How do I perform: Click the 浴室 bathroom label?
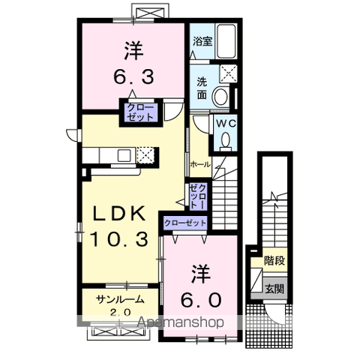(202, 41)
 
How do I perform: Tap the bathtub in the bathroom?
(226, 41)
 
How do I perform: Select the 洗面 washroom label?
(202, 88)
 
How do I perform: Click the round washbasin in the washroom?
(220, 97)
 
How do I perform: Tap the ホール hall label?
(200, 164)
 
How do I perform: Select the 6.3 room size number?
(133, 77)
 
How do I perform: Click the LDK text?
(119, 213)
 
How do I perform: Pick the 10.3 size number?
(119, 239)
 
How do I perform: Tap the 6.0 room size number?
(201, 300)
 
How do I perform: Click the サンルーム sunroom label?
(121, 299)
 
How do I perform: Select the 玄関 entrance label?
(274, 289)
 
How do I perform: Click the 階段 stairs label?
(274, 261)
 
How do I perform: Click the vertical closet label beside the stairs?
(198, 196)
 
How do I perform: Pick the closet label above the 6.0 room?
(185, 223)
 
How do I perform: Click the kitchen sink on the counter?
(124, 155)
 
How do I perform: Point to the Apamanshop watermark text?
(180, 322)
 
